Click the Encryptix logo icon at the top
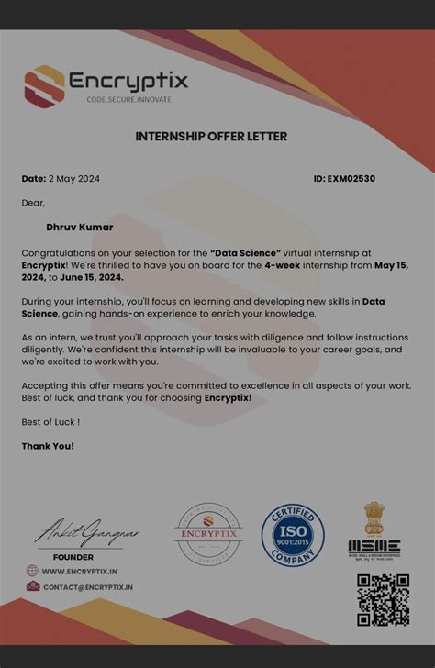43,84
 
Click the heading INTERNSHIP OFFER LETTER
211,137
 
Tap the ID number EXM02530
351,179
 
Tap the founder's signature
78,533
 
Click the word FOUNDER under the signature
73,557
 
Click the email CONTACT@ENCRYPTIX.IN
88,587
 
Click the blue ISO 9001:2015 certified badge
293,535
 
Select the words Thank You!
48,446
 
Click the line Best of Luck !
50,422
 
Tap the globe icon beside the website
32,571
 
